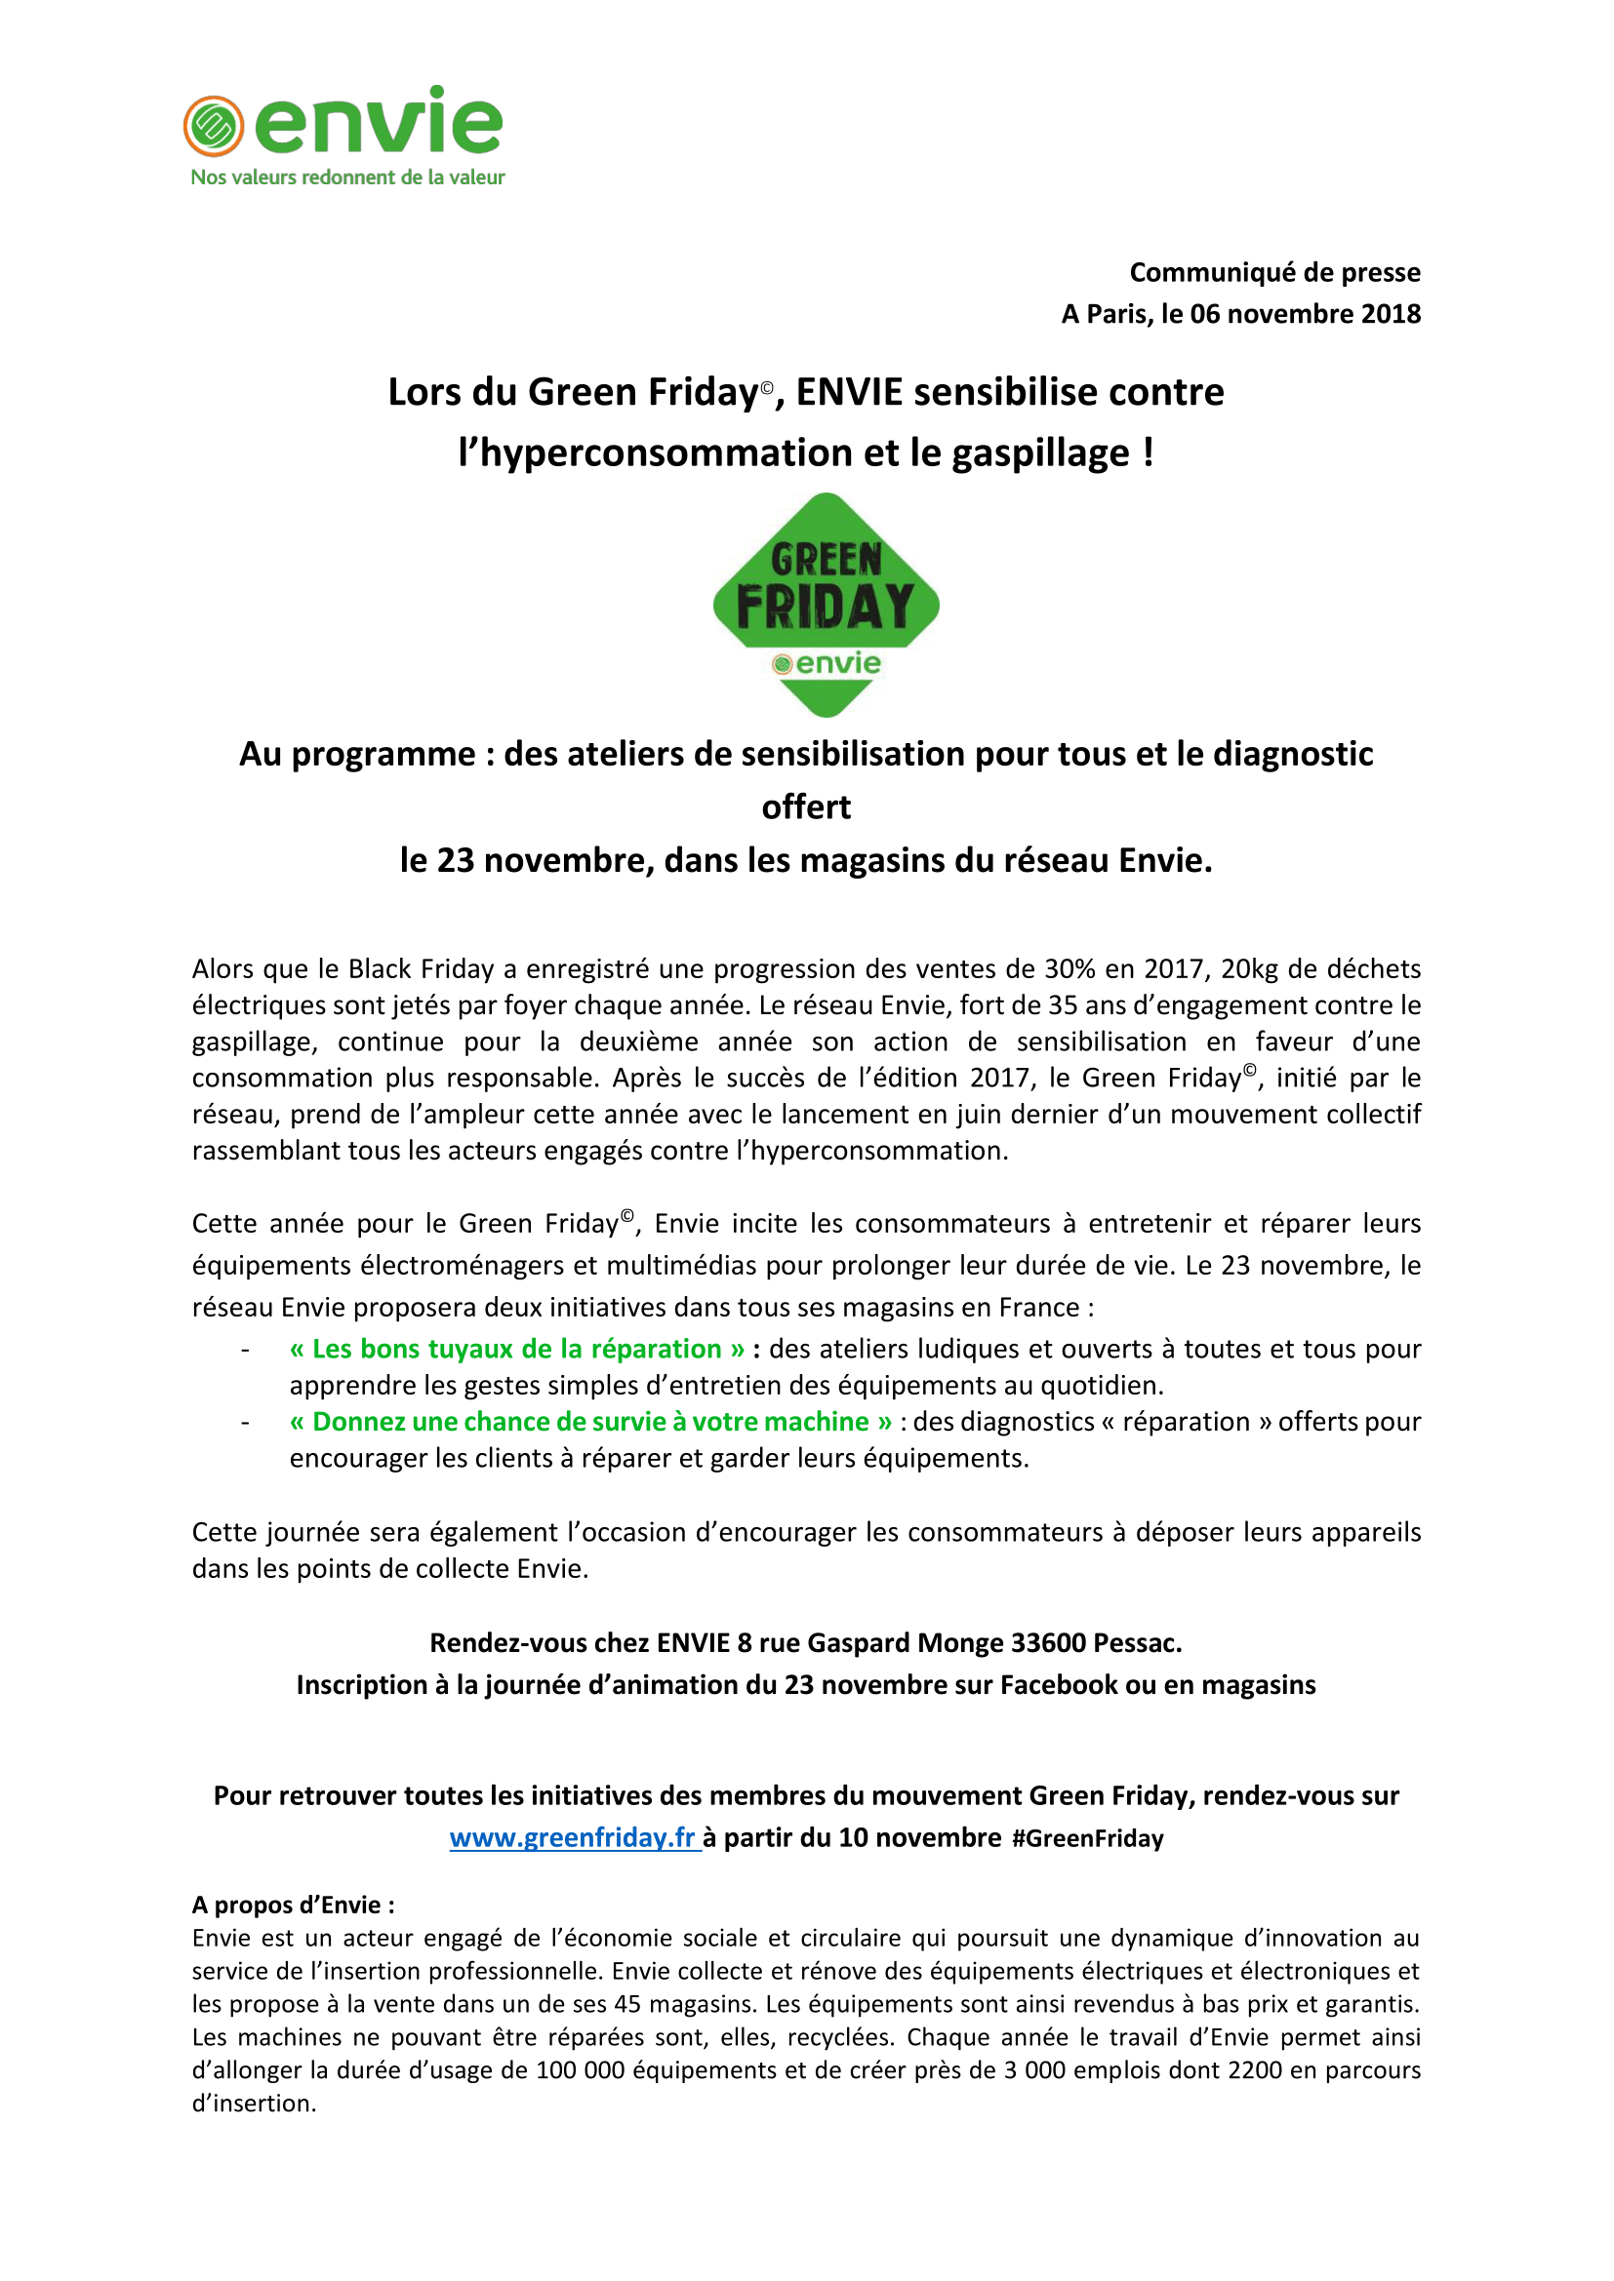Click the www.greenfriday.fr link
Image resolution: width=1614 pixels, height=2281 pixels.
[574, 1838]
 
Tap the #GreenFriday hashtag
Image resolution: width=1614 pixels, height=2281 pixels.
[1087, 1839]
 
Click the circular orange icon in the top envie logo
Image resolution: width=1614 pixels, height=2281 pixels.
[214, 126]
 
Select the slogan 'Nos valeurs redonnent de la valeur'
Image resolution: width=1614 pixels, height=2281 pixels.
[347, 177]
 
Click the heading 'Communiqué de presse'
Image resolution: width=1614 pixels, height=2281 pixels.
[1274, 272]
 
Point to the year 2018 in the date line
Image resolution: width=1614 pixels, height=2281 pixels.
[1391, 314]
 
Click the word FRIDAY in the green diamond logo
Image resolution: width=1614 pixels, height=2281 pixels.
[825, 607]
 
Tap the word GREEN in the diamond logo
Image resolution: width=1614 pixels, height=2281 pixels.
[826, 561]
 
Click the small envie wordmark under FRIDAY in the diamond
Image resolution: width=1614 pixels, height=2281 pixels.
[837, 664]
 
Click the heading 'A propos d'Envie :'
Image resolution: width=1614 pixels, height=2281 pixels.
[293, 1905]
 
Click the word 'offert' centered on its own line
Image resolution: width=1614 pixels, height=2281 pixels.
[806, 806]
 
